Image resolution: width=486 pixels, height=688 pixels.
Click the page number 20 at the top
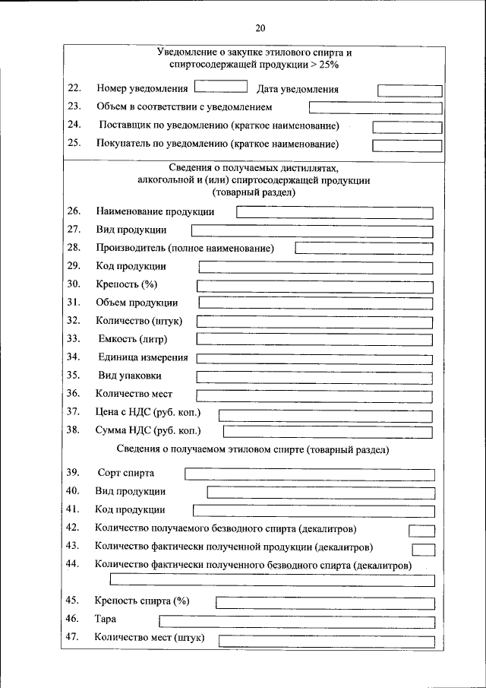[260, 29]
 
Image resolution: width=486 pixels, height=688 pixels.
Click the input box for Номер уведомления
[220, 87]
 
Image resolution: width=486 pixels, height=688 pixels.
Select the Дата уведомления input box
[409, 90]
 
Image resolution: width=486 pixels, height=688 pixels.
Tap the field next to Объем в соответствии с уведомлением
[375, 108]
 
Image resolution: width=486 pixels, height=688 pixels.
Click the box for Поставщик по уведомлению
[407, 126]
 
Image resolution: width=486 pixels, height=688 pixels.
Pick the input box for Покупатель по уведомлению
[407, 144]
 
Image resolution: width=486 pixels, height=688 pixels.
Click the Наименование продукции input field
[335, 213]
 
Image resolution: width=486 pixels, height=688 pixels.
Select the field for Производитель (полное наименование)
[364, 249]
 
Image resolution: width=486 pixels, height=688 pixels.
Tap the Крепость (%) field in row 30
[315, 286]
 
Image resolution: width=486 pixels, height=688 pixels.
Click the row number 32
[74, 320]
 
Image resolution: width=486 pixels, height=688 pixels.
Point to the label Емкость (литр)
[133, 338]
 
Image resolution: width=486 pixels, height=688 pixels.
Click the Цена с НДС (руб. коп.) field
[326, 415]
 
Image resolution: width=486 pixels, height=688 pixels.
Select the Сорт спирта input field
[310, 474]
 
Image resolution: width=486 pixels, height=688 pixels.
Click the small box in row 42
[422, 531]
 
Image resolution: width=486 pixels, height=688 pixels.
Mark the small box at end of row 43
[424, 549]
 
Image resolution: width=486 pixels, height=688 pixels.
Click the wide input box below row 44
[273, 580]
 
